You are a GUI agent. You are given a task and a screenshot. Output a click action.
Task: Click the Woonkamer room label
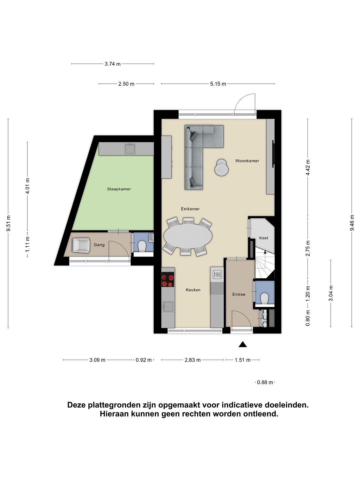pos(247,161)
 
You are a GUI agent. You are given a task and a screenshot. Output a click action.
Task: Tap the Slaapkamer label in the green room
pos(119,189)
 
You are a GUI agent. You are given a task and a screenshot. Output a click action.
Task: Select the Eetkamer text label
pos(190,209)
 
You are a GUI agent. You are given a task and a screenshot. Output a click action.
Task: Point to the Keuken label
pos(193,290)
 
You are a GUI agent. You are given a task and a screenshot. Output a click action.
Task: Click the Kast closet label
pos(263,238)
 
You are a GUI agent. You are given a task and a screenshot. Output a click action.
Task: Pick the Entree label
pos(239,294)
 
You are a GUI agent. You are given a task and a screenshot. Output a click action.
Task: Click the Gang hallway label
pos(99,245)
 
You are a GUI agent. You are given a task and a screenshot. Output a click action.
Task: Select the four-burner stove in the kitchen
pos(168,279)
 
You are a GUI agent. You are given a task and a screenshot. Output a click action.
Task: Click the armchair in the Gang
pos(81,245)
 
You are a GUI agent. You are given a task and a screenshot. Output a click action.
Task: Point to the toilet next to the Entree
pos(265,298)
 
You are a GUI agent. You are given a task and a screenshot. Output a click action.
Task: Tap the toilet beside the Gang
pos(142,246)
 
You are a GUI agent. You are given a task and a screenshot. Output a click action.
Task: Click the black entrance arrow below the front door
pos(243,344)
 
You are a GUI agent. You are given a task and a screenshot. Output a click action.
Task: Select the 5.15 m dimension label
pos(218,84)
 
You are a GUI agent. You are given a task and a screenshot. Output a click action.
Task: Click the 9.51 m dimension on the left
pos(8,223)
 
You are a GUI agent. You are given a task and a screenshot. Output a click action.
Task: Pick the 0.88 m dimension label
pos(265,382)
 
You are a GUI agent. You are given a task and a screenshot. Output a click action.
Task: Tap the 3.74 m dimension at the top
pos(113,64)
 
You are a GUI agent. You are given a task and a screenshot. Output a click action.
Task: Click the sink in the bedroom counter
pos(130,148)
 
